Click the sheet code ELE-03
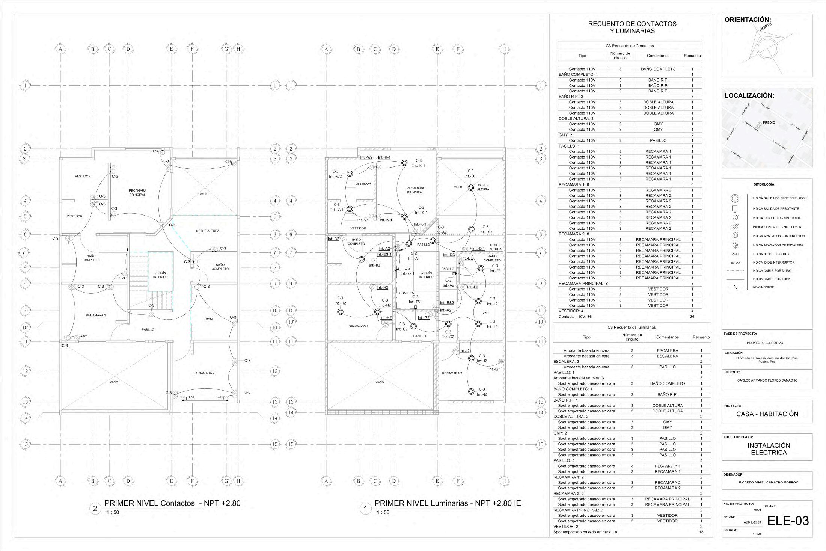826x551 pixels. [788, 521]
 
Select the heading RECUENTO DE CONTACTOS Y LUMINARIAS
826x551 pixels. [632, 27]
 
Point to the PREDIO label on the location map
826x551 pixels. [769, 122]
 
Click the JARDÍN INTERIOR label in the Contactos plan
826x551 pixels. [160, 275]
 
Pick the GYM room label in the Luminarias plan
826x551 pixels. [485, 313]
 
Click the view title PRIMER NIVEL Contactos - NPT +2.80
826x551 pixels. [172, 503]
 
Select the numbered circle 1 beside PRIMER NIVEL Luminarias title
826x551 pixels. [365, 509]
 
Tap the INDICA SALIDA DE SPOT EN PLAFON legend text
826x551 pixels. [779, 198]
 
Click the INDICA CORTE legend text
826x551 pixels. [763, 287]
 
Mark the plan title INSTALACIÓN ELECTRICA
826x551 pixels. [769, 449]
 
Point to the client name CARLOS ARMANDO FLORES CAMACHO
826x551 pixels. [767, 380]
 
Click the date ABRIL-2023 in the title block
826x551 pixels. [752, 522]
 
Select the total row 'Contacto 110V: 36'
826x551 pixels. [575, 317]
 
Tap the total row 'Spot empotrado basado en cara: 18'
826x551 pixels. [585, 532]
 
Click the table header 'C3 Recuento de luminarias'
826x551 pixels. [632, 328]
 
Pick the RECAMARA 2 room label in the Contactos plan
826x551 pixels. [204, 373]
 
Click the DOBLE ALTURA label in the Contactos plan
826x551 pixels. [208, 231]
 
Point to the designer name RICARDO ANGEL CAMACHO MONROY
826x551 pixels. [768, 482]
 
